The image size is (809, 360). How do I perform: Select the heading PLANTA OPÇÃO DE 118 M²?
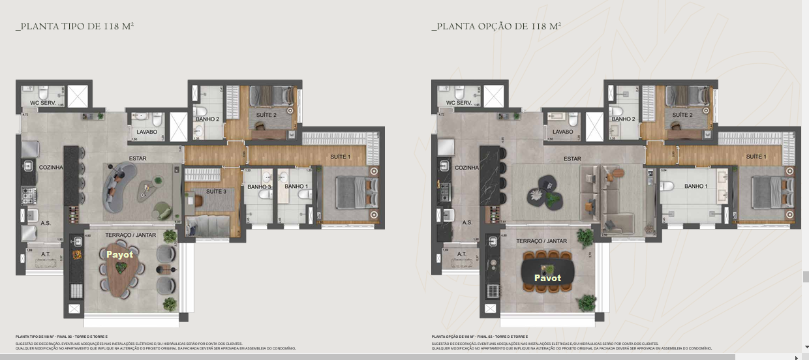tap(496, 27)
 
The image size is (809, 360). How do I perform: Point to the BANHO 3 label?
tap(259, 187)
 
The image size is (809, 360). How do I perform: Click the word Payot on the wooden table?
tap(120, 254)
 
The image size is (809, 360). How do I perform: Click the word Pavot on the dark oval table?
tap(547, 278)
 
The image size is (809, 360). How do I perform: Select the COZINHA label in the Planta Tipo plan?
tap(51, 168)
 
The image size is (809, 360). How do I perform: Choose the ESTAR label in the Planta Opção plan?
tap(572, 158)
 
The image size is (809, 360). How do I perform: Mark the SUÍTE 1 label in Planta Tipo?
tap(340, 157)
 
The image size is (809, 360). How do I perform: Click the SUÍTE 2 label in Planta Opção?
tap(682, 115)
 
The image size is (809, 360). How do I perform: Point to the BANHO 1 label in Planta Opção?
tap(695, 187)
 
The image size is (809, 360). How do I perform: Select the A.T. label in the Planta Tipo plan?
tap(46, 254)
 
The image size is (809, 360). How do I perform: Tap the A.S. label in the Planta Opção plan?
tap(467, 222)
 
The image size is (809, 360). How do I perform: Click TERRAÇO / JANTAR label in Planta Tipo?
tap(130, 235)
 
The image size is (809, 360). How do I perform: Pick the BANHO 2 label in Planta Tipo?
tap(207, 119)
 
